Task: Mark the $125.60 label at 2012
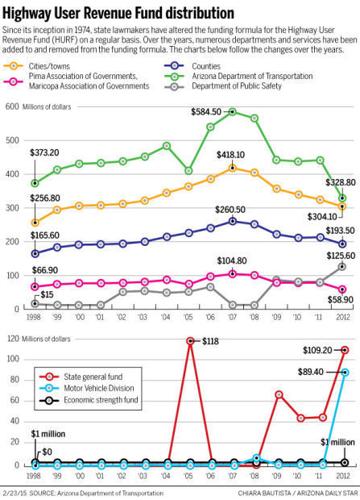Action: tap(331, 256)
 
